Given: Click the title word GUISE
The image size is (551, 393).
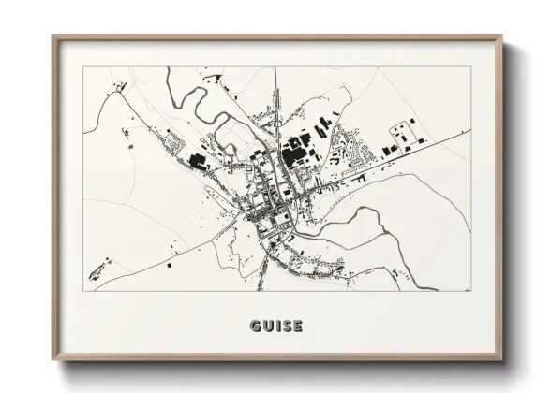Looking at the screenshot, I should click(276, 326).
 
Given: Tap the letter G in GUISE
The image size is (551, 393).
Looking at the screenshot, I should click(256, 326).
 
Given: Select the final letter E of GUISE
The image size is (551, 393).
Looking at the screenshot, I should click(297, 326).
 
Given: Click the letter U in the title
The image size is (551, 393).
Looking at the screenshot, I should click(267, 326).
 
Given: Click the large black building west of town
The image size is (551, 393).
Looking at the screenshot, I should click(199, 161).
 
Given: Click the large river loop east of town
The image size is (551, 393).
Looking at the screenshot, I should click(361, 225).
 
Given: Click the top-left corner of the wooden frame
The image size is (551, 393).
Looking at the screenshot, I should click(54, 38).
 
